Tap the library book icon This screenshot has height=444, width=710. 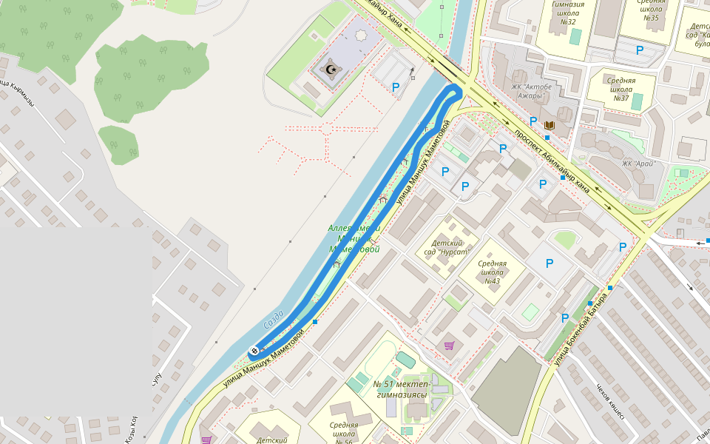coord(549,126)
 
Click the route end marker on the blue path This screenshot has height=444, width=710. coord(254,350)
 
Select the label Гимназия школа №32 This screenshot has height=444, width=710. coord(568,13)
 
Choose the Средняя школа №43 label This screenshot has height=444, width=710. coord(492,272)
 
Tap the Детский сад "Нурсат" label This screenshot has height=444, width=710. coord(447,246)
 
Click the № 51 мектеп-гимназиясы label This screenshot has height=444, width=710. coord(402,388)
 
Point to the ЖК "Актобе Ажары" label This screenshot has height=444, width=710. coord(532,92)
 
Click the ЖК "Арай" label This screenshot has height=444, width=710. coord(638,164)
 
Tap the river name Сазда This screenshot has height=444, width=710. coord(274,320)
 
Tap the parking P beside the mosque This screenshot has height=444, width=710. coord(396,87)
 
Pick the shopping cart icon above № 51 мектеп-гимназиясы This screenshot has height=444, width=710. coord(448,345)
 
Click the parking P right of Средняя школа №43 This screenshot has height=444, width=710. coord(550,263)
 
